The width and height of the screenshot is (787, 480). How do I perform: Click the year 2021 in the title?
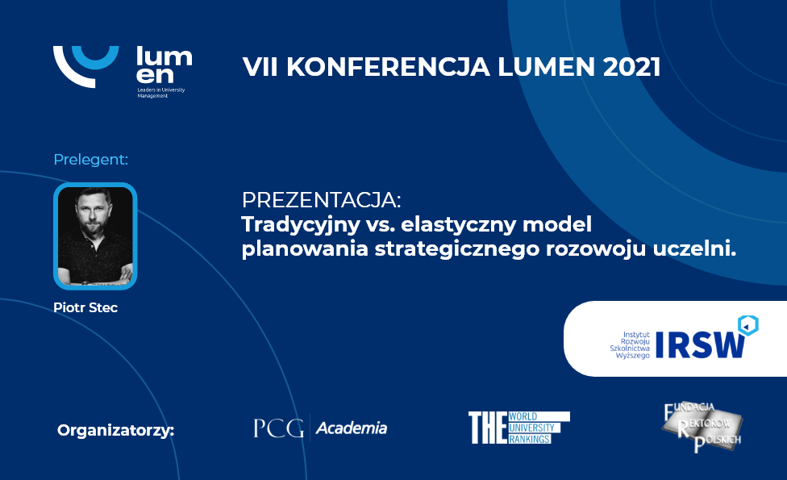pos(631,67)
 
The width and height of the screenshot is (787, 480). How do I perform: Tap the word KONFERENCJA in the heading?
pos(388,67)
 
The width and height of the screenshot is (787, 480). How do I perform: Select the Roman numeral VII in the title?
pos(260,67)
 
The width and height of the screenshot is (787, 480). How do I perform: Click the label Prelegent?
pos(91,160)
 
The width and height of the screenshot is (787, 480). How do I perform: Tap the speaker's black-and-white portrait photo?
pos(95,236)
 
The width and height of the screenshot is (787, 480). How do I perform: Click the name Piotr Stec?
pos(85,307)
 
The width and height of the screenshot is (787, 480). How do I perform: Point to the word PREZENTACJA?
pos(321,200)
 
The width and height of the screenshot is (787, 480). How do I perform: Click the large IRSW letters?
pos(700,345)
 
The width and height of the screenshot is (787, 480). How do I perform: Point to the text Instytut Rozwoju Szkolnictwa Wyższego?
pos(630,345)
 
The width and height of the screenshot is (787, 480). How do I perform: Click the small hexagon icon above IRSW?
pos(747,326)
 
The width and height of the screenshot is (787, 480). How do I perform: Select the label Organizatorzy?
pos(115,431)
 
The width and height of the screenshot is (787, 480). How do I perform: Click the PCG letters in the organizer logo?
pos(278,428)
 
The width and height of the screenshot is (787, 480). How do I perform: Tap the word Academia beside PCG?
pos(352,428)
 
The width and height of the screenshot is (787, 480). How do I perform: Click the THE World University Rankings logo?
pos(519,428)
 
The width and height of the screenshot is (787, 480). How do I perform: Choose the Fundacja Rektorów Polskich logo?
pos(702,428)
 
